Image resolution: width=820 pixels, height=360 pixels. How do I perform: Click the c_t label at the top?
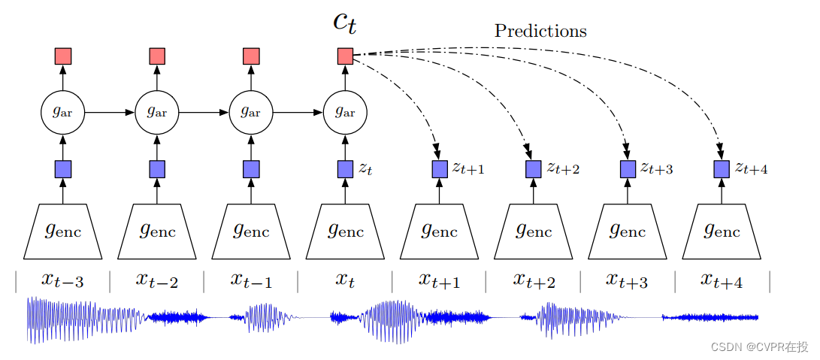pyautogui.click(x=345, y=22)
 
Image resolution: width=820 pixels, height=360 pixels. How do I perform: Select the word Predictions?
pyautogui.click(x=540, y=31)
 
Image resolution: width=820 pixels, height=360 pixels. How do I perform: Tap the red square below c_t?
pyautogui.click(x=345, y=56)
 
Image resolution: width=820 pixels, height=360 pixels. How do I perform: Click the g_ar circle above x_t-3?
pyautogui.click(x=63, y=112)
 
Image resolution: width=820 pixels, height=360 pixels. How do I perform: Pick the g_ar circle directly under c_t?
pyautogui.click(x=345, y=112)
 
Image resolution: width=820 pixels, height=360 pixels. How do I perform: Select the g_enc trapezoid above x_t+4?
pyautogui.click(x=722, y=231)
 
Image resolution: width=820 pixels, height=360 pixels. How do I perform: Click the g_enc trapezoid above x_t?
pyautogui.click(x=345, y=231)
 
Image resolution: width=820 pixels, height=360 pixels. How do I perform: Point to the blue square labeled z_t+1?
pyautogui.click(x=440, y=169)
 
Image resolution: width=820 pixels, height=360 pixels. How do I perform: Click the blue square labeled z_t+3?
pyautogui.click(x=628, y=169)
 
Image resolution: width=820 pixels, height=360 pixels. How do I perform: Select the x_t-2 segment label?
pyautogui.click(x=157, y=280)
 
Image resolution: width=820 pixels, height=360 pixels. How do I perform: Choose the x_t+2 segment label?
pyautogui.click(x=534, y=280)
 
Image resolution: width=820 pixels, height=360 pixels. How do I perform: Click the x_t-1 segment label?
pyautogui.click(x=251, y=280)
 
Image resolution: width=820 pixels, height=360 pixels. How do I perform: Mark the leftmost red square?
pyautogui.click(x=63, y=56)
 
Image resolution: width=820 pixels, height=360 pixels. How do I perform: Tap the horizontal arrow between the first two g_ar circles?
pyautogui.click(x=110, y=112)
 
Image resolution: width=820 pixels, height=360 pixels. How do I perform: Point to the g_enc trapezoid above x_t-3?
pyautogui.click(x=63, y=231)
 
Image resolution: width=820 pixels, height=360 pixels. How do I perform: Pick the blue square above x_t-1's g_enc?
pyautogui.click(x=251, y=169)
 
